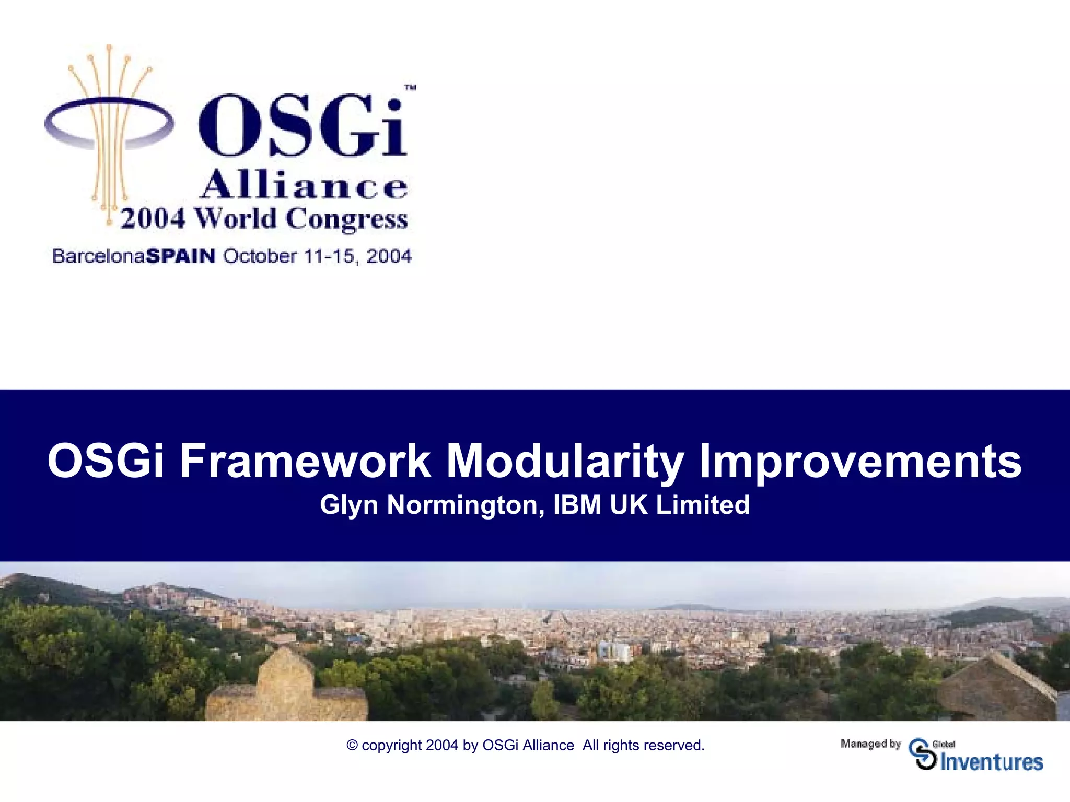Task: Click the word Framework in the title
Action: coord(305,461)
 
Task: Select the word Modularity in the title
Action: coord(564,461)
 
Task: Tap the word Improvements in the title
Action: coord(859,461)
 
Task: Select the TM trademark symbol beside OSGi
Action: coord(411,88)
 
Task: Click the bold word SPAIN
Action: coord(181,256)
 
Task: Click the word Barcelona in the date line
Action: coord(99,256)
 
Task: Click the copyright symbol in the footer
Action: coord(352,745)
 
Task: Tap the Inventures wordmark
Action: coord(991,762)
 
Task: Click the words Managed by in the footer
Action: coord(870,743)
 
